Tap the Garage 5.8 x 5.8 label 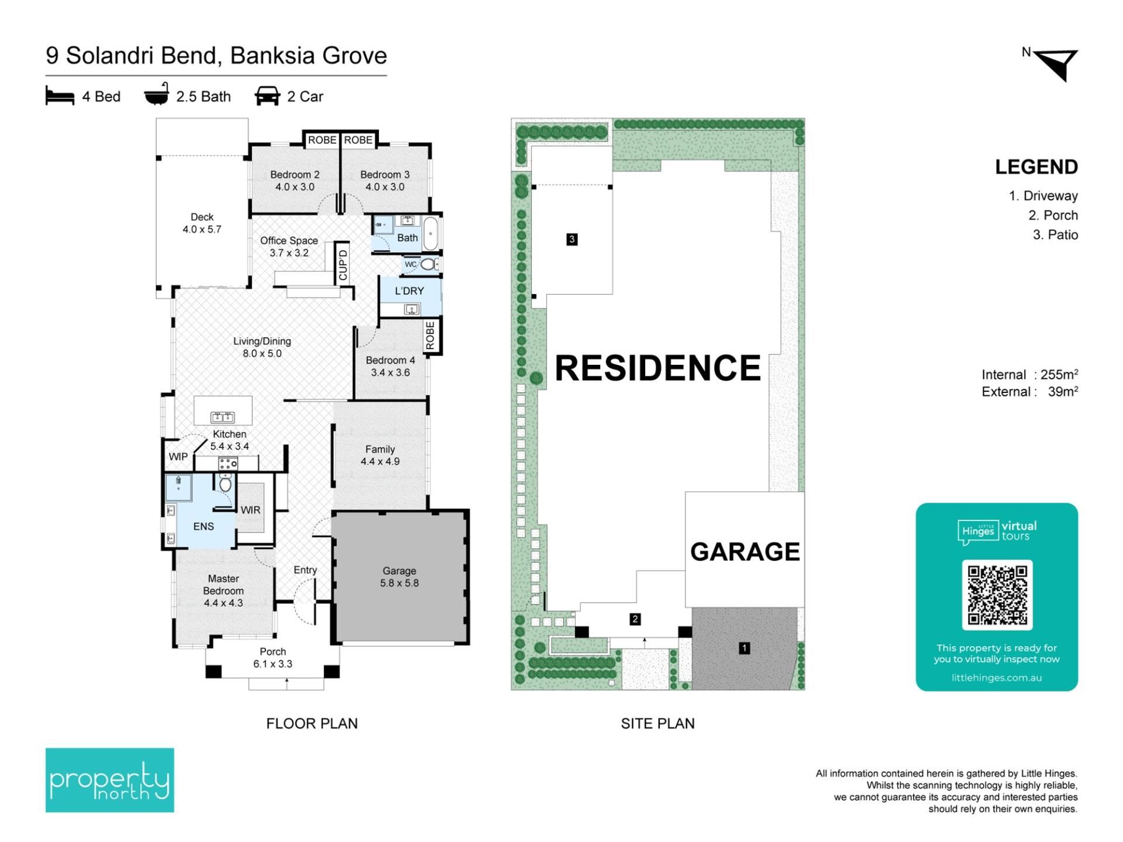pos(399,577)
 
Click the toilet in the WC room pos(428,264)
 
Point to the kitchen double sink pos(222,417)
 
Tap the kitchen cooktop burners pos(228,464)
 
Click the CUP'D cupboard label pos(343,265)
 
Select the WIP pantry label pos(178,457)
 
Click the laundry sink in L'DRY pos(412,309)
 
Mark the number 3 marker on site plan pos(572,239)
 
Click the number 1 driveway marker pos(744,648)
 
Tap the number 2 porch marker pos(635,619)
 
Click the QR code pos(997,595)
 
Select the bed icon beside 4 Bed pos(60,96)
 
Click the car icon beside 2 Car pos(267,96)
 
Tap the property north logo pos(110,780)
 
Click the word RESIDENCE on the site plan pos(658,368)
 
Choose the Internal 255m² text pos(1029,374)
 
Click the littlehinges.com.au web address pos(997,678)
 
